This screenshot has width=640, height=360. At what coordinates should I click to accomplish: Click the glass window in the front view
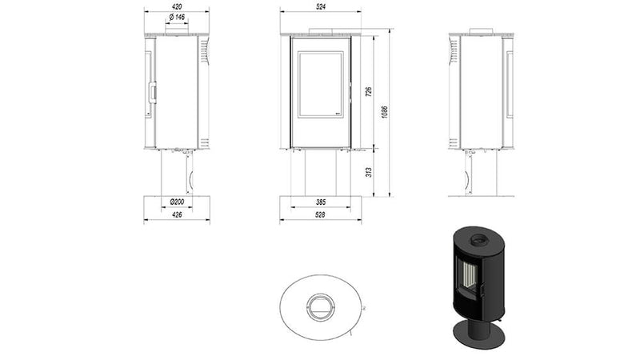tap(321, 86)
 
